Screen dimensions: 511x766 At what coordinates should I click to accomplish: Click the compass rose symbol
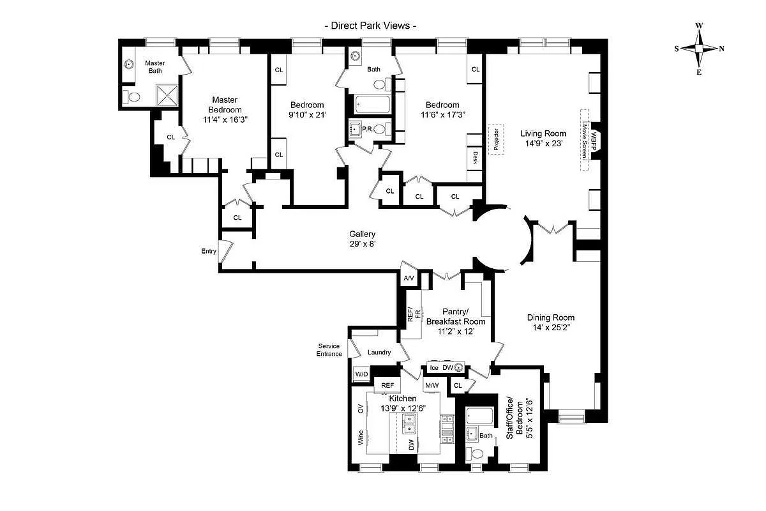pyautogui.click(x=699, y=49)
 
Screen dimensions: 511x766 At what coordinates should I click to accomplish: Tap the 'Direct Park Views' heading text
pyautogui.click(x=371, y=26)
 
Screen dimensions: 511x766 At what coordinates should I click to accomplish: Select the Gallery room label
pyautogui.click(x=362, y=234)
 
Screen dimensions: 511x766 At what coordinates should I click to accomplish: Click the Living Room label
pyautogui.click(x=543, y=133)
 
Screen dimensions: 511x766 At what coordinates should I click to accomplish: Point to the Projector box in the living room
pyautogui.click(x=496, y=139)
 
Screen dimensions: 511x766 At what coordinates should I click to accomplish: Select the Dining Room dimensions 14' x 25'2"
pyautogui.click(x=550, y=328)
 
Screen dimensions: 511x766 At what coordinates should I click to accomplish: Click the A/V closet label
pyautogui.click(x=409, y=278)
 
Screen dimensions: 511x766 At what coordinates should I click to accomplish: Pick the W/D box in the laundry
pyautogui.click(x=361, y=374)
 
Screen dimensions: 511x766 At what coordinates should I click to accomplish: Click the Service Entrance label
pyautogui.click(x=329, y=350)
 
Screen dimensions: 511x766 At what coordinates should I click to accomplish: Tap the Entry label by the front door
pyautogui.click(x=209, y=251)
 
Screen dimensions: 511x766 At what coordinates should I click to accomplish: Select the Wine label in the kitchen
pyautogui.click(x=361, y=438)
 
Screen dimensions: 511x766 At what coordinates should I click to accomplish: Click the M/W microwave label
pyautogui.click(x=432, y=385)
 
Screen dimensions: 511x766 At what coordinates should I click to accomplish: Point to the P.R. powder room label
pyautogui.click(x=367, y=129)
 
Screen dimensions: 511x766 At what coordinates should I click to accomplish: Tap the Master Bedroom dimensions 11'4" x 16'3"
pyautogui.click(x=224, y=119)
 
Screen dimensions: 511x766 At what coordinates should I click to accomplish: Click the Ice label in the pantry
pyautogui.click(x=434, y=367)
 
